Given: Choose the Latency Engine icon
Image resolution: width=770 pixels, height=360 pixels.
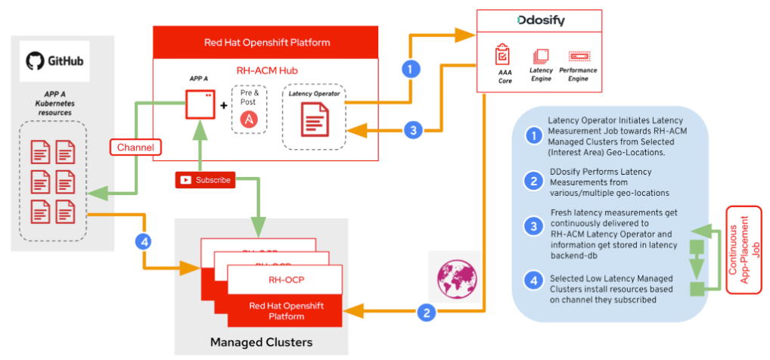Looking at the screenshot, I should click(541, 56).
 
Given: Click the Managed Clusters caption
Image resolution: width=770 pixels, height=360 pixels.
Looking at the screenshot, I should click(261, 343).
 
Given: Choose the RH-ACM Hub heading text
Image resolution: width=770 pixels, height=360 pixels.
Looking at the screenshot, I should click(266, 71).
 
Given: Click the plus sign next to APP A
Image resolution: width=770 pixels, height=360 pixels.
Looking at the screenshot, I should click(224, 105).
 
